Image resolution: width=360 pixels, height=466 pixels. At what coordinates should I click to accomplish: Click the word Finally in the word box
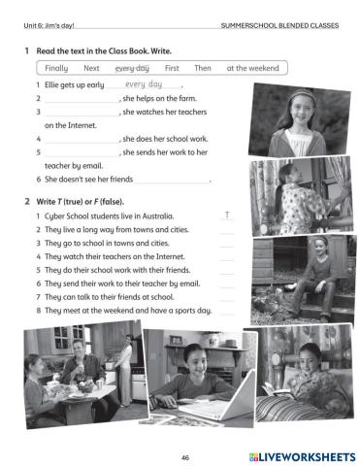pos(56,68)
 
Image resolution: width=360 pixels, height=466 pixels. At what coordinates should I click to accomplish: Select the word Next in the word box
pos(91,68)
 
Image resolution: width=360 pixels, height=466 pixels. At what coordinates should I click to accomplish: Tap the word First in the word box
pos(172,68)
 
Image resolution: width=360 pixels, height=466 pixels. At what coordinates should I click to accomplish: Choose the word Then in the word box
pos(203,68)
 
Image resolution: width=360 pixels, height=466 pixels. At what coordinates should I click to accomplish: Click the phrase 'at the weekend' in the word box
pos(252,68)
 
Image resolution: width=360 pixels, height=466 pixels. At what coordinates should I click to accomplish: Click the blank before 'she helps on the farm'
pos(82,102)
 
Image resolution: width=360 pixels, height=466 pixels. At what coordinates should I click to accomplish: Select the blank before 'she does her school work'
pos(82,143)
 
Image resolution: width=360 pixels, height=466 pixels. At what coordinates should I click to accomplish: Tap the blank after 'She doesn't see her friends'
pos(173,183)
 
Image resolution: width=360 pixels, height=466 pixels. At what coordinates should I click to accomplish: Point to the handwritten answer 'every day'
pos(144,84)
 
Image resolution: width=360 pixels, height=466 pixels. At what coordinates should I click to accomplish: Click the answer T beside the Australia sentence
pos(227,216)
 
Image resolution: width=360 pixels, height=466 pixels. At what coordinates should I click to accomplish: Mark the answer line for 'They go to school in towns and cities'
pos(227,247)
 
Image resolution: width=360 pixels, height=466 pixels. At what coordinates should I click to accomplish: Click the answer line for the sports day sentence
pos(227,315)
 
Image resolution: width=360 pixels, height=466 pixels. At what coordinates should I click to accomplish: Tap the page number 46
pos(185,457)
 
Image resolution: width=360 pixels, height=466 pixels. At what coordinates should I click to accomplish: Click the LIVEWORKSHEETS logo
pos(302,457)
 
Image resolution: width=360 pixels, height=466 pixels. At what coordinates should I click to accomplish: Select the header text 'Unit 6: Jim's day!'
pos(49,25)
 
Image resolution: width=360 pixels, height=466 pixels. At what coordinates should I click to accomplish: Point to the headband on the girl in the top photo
pos(302,94)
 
